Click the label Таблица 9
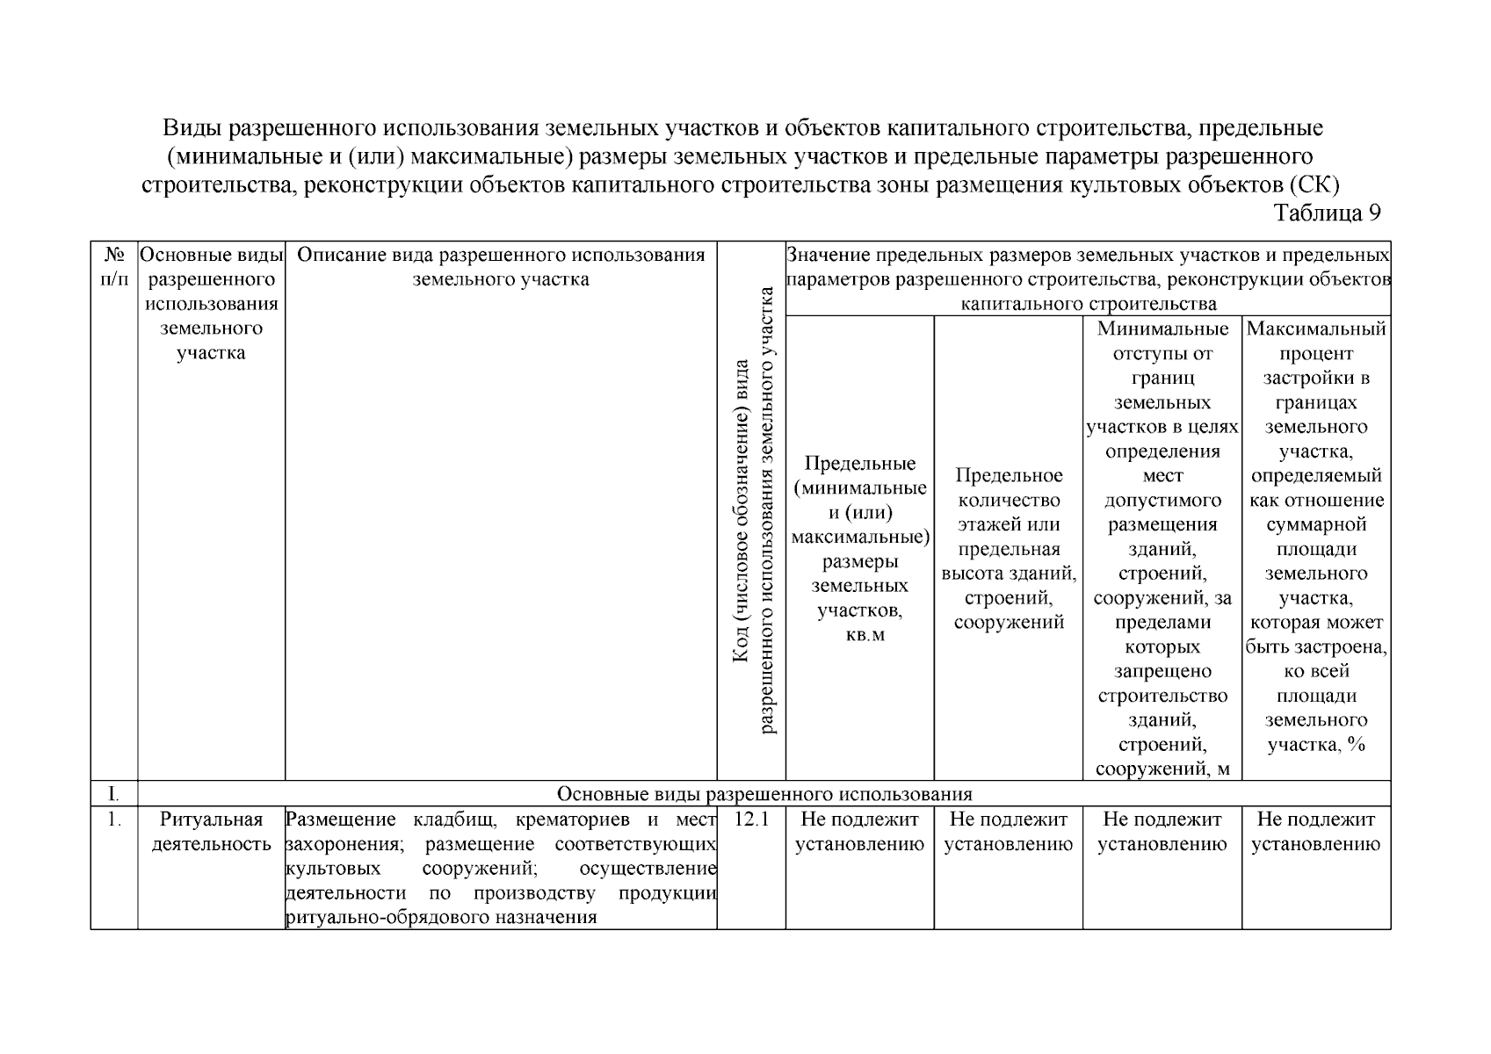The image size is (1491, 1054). [1327, 213]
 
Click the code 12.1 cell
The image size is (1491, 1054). [750, 819]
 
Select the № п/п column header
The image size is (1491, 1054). [114, 267]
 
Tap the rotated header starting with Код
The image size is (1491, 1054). [751, 509]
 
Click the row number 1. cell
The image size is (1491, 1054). [114, 819]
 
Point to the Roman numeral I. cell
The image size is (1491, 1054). [113, 794]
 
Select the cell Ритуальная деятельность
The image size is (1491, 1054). [211, 832]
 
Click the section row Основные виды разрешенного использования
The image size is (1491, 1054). [764, 794]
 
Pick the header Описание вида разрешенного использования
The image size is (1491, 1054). [501, 267]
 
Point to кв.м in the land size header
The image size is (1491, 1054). [865, 635]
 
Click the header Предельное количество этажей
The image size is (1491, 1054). [1009, 549]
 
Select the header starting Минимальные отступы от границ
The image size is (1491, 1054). [1162, 549]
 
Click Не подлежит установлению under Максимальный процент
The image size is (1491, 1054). [1316, 832]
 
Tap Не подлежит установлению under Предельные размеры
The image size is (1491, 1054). [859, 832]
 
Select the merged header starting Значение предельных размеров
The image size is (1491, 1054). [1088, 279]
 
